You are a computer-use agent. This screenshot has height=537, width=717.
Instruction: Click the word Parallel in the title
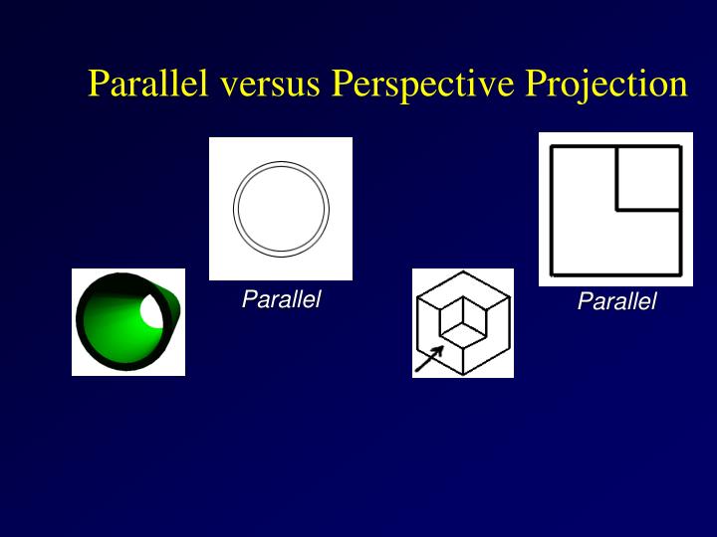[148, 84]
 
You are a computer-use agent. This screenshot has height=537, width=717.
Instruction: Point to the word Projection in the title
[606, 84]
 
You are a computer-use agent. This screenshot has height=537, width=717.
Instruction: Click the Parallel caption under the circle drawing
[281, 299]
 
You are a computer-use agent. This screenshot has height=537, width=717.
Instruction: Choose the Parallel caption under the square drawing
[616, 301]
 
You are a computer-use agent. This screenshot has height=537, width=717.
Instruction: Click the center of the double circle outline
[281, 209]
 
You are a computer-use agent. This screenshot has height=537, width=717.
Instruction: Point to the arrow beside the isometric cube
[429, 359]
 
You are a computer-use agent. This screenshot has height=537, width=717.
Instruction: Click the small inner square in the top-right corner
[648, 178]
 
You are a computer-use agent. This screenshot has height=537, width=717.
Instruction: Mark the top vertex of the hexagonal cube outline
[463, 271]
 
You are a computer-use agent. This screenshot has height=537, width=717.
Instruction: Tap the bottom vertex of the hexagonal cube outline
[463, 374]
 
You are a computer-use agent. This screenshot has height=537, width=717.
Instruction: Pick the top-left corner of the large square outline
[553, 147]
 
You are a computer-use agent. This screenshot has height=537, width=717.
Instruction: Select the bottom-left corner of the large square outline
[553, 273]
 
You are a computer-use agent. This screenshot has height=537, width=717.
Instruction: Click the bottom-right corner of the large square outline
[680, 273]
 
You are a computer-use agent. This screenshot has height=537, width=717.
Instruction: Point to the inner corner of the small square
[617, 210]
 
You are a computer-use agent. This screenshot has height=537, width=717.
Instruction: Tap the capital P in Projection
[537, 84]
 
